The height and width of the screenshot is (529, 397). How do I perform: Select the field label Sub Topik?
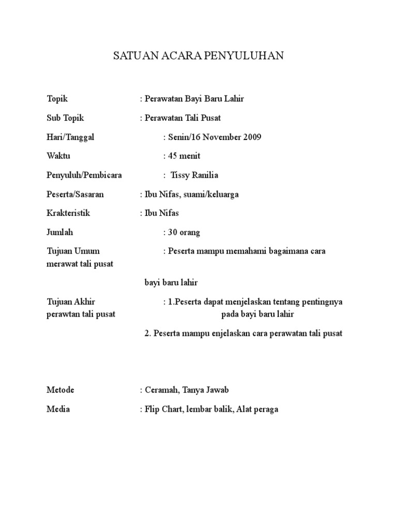click(x=64, y=118)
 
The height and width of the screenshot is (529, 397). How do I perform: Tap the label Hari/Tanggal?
click(x=70, y=137)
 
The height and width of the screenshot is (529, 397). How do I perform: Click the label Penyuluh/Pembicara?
click(x=84, y=175)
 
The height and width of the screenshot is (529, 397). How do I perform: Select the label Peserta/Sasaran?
click(x=75, y=194)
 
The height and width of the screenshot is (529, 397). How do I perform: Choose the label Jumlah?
click(x=60, y=232)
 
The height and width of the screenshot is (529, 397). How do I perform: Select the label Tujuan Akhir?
click(x=71, y=301)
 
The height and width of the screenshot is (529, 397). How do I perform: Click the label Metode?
click(x=60, y=390)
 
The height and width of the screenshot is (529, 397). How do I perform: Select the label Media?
click(x=58, y=409)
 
